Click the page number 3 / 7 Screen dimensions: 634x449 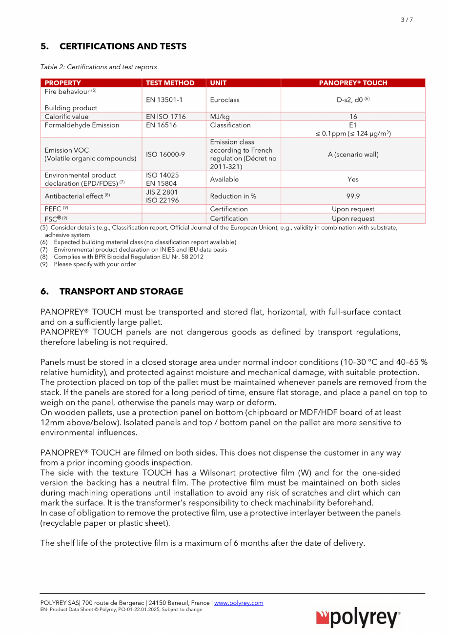407,20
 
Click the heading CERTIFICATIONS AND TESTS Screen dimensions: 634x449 122,46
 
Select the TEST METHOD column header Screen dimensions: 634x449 170,83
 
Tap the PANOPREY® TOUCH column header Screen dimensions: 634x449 353,83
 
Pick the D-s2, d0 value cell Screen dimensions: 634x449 353,99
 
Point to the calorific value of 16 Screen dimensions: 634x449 353,117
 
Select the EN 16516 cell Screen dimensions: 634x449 162,125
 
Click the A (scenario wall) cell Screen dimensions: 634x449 353,154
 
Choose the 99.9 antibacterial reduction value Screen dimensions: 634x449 353,196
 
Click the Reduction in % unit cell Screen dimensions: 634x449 233,196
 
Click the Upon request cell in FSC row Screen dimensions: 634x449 353,218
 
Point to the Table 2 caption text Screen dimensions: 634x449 99,67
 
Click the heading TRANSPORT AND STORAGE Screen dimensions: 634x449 121,291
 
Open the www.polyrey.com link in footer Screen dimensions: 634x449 239,603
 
